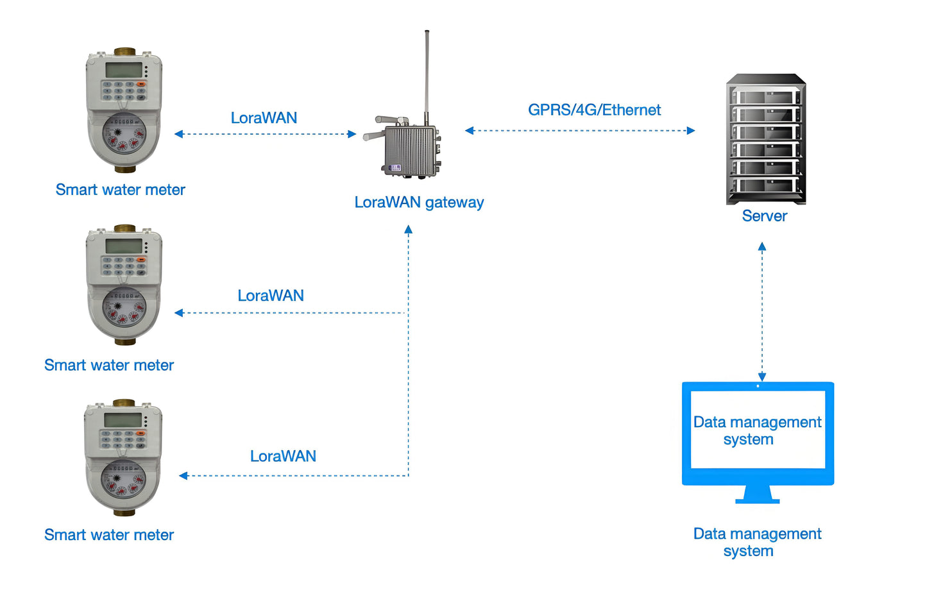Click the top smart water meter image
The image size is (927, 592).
pos(124,110)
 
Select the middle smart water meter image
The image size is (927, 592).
pos(124,285)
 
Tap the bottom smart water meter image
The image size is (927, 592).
pos(123,458)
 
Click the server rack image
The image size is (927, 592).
pos(765,140)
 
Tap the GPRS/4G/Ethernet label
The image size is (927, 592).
pos(594,110)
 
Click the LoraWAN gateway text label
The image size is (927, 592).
pos(419,203)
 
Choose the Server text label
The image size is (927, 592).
pos(764,216)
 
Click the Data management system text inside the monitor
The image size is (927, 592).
pos(757,430)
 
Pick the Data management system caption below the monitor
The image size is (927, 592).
pos(757,542)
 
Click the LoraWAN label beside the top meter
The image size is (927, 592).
pos(264,118)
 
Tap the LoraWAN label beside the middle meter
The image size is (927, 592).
pos(271,296)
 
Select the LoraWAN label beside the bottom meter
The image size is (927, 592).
pos(283,456)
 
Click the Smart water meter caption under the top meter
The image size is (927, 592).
pos(120,190)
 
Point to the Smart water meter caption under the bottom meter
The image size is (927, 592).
pos(109,535)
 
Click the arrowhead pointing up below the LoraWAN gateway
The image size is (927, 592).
pos(409,229)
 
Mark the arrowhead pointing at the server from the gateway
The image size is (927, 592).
pos(691,131)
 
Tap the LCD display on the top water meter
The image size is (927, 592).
pos(123,70)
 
